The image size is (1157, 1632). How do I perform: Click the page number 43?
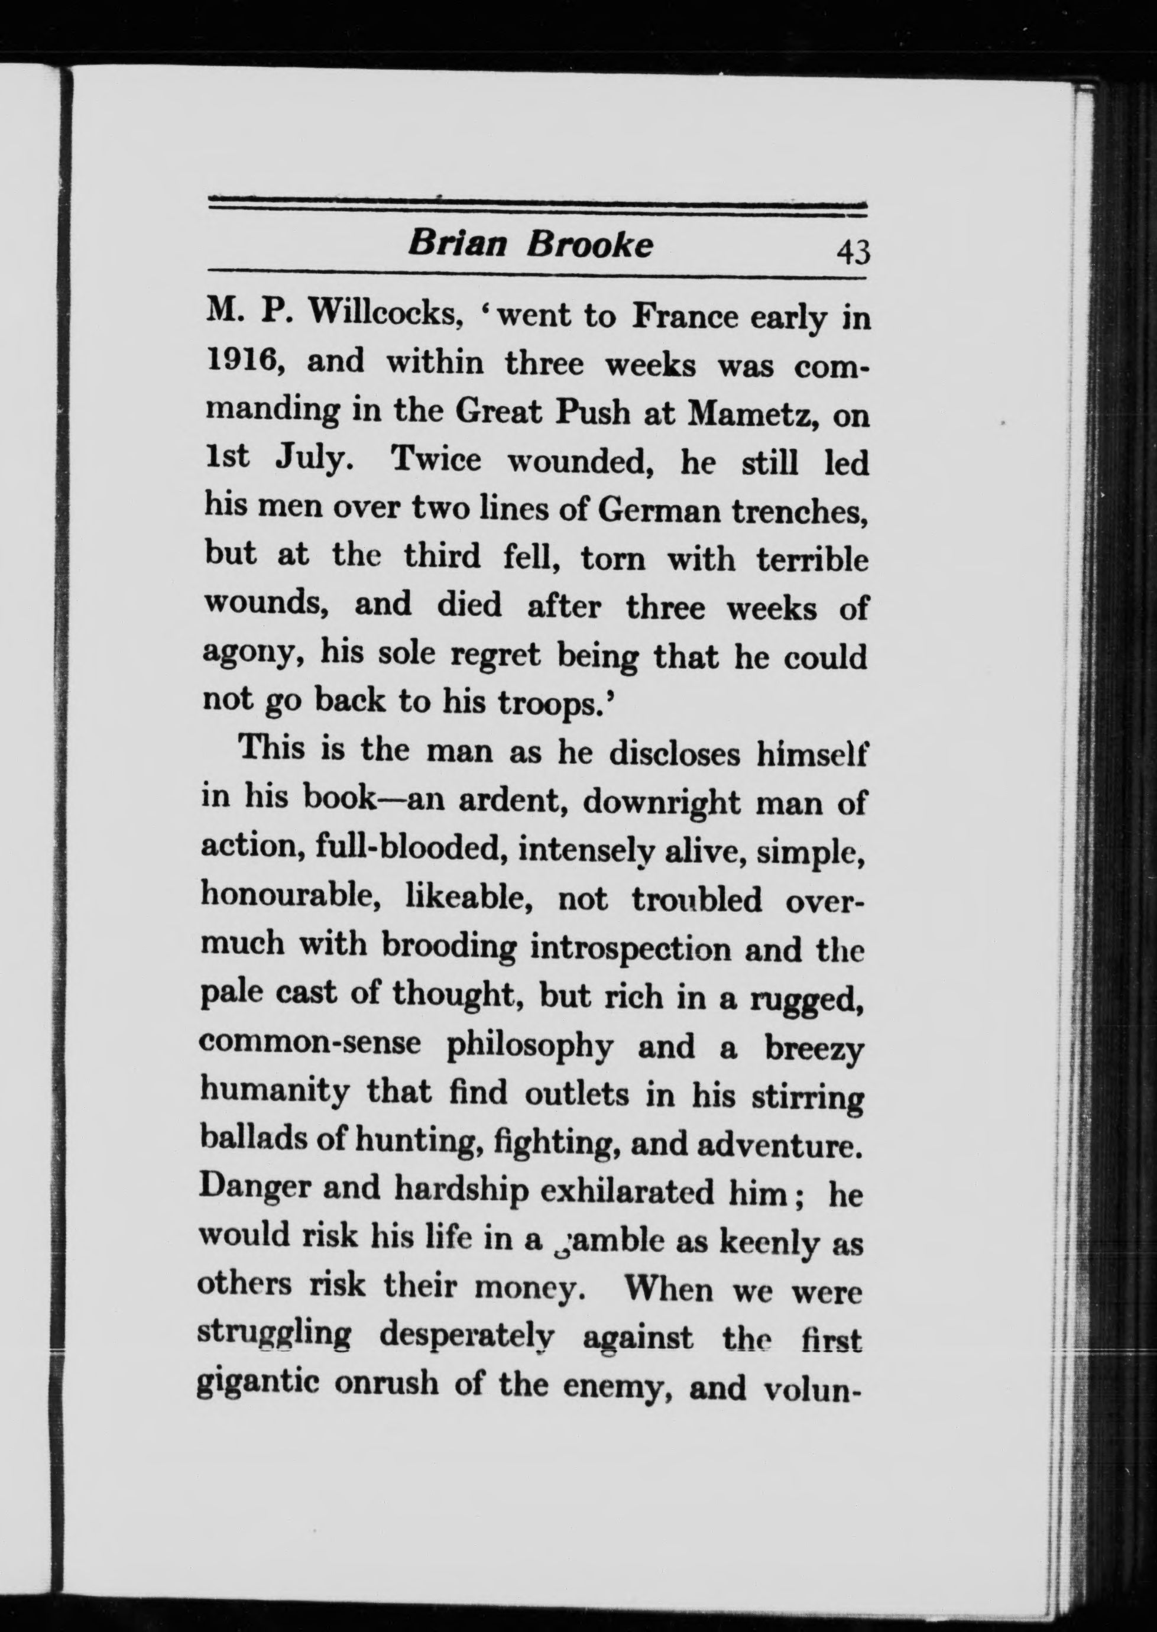point(853,251)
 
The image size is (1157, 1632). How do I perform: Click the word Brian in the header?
point(456,244)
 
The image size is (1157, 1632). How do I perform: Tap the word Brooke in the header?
point(589,244)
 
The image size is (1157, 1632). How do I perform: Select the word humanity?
point(273,1093)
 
